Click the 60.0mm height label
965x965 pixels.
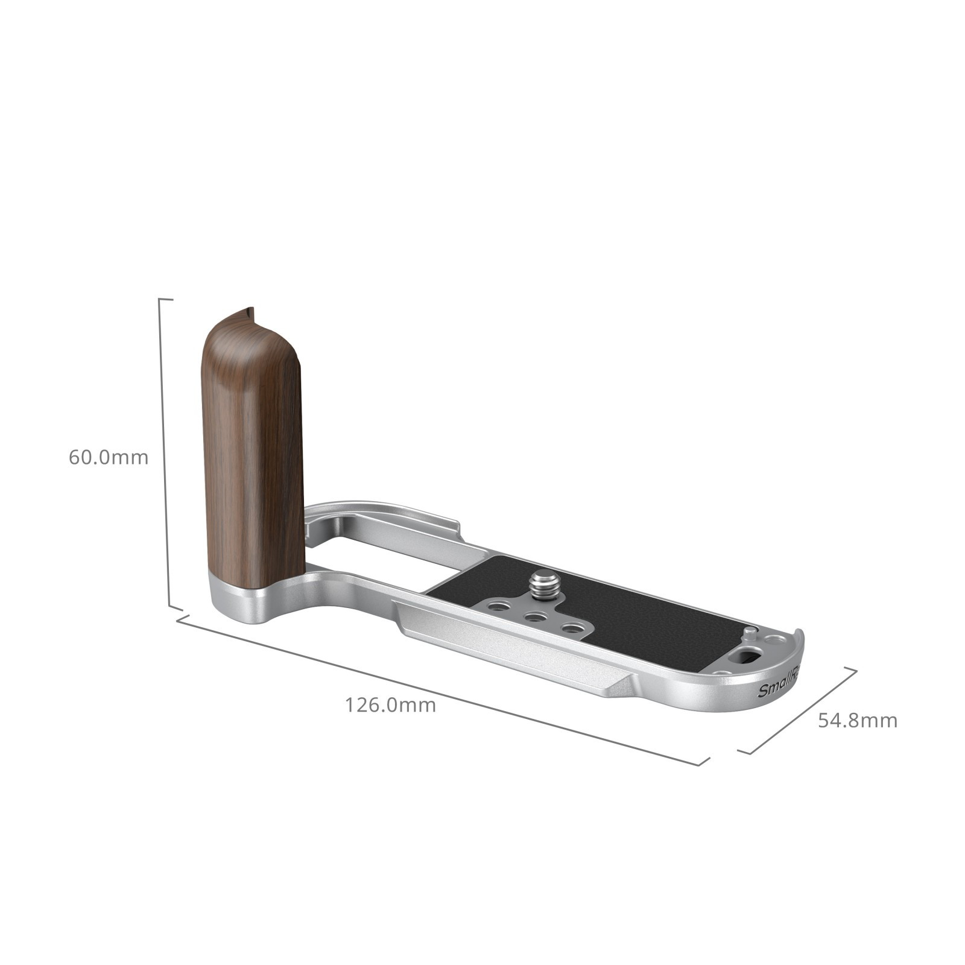[108, 457]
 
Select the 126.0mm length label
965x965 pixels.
[390, 704]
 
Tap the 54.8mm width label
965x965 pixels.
[857, 720]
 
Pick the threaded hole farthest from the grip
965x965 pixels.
[569, 629]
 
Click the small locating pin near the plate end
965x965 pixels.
[749, 633]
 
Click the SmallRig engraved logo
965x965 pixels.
[778, 688]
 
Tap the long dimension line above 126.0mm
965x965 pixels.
[440, 689]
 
